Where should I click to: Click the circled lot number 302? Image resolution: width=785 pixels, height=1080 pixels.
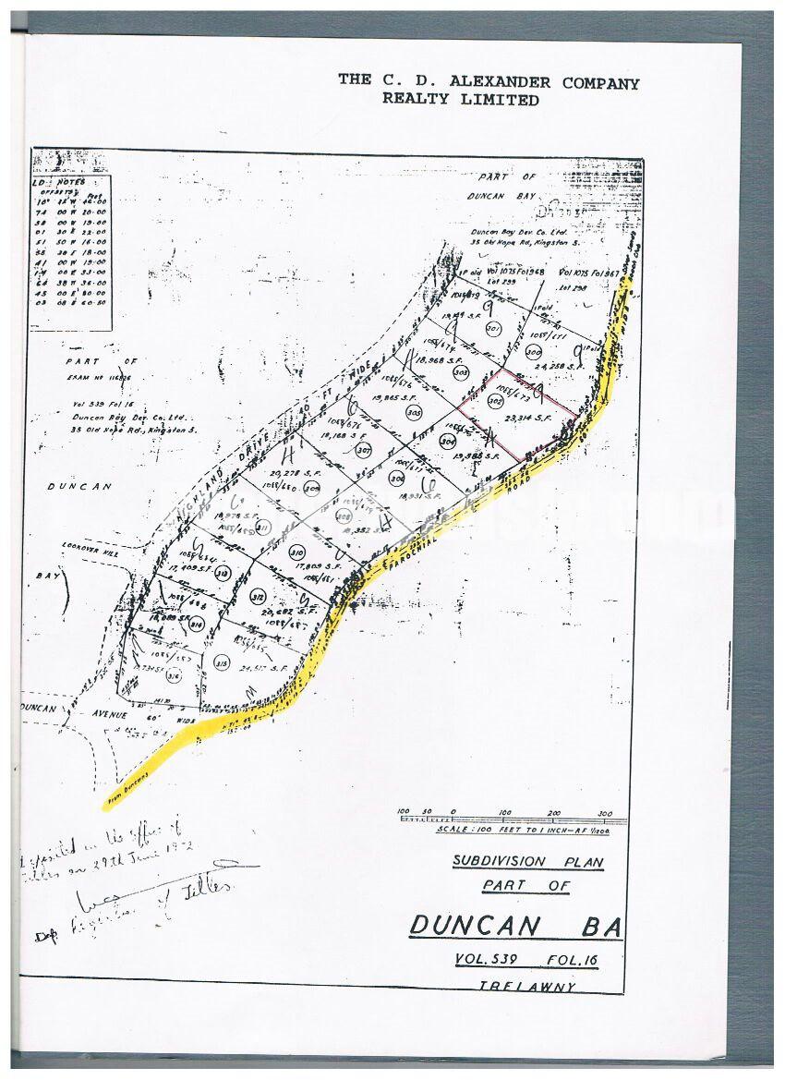[495, 402]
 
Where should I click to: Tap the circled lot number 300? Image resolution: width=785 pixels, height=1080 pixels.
[533, 352]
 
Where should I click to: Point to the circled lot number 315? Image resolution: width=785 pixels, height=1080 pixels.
[221, 662]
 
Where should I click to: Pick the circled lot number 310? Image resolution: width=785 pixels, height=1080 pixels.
[297, 554]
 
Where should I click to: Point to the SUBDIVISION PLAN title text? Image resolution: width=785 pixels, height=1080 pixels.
[527, 863]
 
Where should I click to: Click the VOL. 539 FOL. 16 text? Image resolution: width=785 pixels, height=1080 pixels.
[526, 961]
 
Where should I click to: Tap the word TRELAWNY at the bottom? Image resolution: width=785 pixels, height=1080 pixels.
[527, 987]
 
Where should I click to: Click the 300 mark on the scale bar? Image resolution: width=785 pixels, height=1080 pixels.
[605, 813]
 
